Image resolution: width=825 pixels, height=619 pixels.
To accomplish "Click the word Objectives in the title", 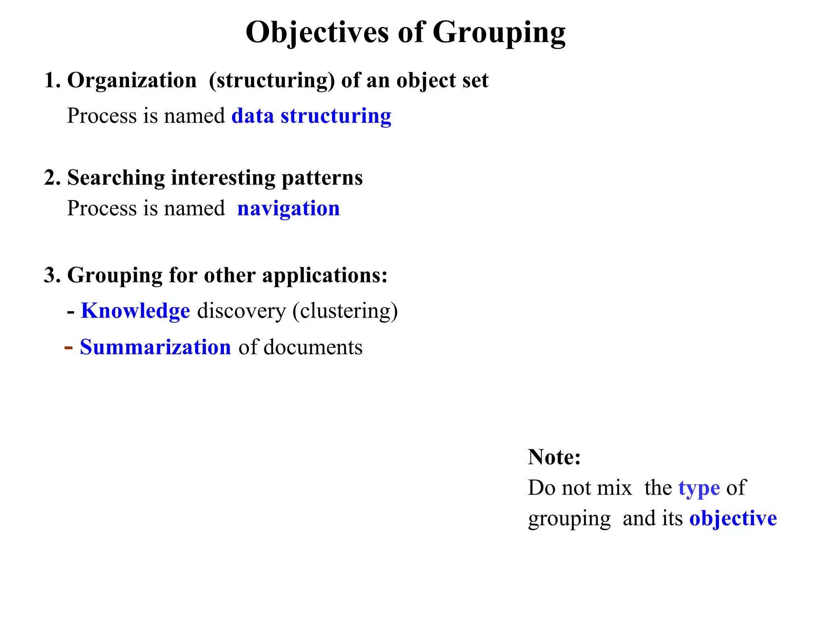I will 317,32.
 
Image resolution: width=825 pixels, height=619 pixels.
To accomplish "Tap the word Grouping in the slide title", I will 499,32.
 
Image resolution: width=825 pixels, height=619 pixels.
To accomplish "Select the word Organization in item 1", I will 132,80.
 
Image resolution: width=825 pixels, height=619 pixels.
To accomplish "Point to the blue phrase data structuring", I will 311,116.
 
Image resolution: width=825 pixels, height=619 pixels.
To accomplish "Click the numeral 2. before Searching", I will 52,178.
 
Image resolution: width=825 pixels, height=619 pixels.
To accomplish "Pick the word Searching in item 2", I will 116,178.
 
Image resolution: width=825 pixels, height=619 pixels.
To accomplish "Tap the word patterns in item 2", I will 322,178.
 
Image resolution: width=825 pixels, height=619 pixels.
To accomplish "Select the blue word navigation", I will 288,209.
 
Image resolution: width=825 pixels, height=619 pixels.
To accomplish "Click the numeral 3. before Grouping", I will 52,275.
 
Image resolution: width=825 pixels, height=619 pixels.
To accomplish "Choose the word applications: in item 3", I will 325,275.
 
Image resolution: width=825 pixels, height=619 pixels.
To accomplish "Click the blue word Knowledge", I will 135,311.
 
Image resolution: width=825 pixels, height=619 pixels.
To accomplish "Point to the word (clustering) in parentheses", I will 345,311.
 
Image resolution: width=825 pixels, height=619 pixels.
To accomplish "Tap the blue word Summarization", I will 155,347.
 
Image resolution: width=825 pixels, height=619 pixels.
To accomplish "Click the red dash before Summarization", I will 68,347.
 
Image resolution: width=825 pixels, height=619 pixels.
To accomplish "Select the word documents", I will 313,347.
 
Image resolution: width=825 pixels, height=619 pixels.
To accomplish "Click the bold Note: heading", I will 554,457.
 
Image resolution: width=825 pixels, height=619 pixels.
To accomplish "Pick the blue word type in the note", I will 699,488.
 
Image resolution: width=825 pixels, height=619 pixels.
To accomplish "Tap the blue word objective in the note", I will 733,519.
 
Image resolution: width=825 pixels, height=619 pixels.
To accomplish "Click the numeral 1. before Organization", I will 52,80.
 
